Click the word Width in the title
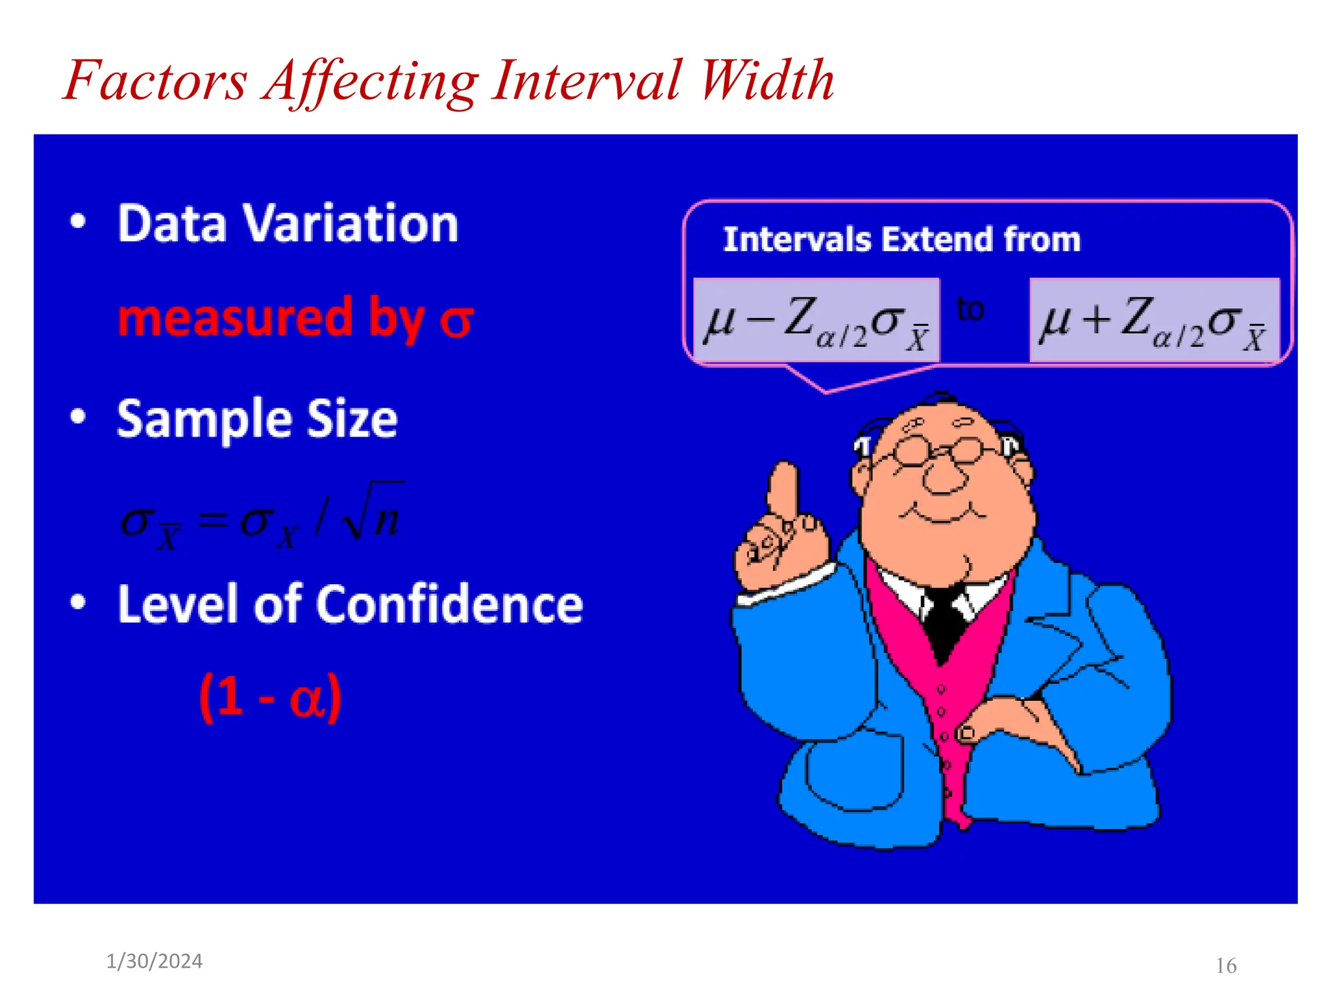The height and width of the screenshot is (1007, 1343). click(767, 80)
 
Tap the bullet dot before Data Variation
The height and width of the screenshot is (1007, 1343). click(78, 222)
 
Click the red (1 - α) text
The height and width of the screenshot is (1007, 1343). click(270, 698)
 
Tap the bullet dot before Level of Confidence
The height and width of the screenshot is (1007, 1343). click(78, 602)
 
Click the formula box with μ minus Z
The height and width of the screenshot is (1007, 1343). click(816, 321)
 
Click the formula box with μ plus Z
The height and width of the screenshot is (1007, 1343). click(1154, 321)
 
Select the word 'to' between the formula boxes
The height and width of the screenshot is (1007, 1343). click(970, 309)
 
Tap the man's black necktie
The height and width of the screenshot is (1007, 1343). click(943, 623)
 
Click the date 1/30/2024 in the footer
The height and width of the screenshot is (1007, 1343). click(154, 961)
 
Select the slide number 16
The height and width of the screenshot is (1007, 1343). click(1226, 966)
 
